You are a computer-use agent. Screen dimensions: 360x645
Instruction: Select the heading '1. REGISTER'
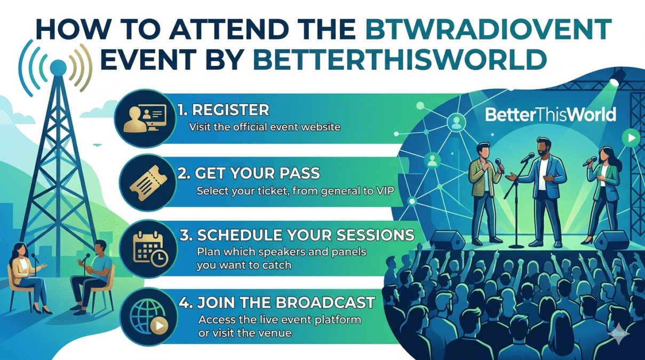coord(223,110)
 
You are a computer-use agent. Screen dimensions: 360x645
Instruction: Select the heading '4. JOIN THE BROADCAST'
coord(277,302)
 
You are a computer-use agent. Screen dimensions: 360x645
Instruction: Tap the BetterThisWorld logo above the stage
coord(551,114)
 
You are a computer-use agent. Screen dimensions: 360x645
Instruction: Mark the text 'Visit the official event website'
coord(265,127)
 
